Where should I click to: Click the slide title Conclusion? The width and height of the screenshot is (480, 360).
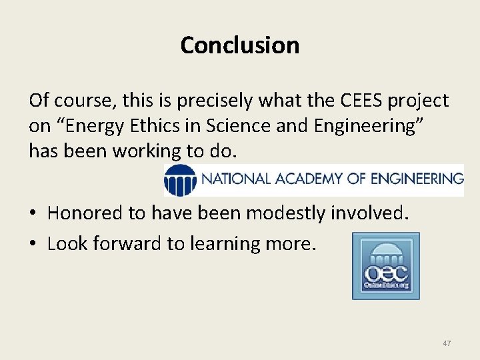click(x=239, y=45)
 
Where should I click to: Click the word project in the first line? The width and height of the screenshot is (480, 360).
click(x=420, y=101)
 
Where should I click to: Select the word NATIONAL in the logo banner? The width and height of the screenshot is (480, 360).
click(x=234, y=179)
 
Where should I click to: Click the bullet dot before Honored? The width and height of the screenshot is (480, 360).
click(x=35, y=213)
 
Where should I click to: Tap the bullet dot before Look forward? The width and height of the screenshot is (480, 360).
click(x=35, y=244)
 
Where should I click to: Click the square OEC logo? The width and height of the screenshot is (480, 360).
click(x=386, y=266)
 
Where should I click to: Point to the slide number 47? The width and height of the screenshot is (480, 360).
click(x=447, y=343)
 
